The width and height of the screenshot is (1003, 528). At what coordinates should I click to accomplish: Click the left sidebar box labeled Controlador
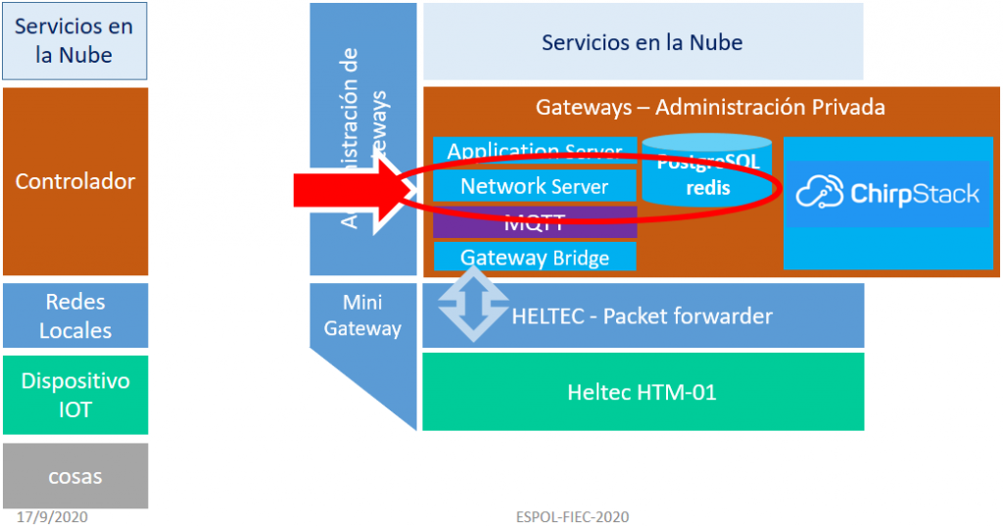coord(75,181)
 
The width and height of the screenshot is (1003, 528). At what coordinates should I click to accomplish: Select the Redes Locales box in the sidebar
coord(75,315)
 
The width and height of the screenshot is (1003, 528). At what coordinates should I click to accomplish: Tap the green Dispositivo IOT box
coord(75,395)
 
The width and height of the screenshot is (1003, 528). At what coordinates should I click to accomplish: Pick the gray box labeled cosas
coord(75,476)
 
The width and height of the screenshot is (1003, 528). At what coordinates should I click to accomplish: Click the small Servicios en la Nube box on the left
coord(74,41)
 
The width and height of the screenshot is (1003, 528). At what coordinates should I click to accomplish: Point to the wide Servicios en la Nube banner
coord(642,42)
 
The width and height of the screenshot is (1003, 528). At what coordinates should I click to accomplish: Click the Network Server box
coord(534,186)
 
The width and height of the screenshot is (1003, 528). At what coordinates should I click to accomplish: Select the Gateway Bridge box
coord(535,258)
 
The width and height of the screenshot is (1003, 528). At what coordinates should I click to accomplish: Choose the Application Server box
coord(535,150)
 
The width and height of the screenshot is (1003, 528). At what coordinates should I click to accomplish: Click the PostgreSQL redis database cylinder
coord(707,171)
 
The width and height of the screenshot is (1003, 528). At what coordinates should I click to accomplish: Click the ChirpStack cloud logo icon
coord(820,193)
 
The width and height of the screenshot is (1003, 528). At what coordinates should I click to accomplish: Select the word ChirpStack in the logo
coord(915,193)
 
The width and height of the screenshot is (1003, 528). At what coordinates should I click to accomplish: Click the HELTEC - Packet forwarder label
coord(642,316)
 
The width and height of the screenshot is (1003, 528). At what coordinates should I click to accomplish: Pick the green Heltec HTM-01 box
coord(642,393)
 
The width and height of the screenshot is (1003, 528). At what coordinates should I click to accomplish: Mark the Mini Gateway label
coord(362,315)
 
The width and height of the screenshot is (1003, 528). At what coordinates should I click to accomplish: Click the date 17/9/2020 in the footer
coord(52,516)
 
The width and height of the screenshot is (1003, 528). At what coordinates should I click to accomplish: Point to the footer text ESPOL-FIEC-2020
coord(572,516)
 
